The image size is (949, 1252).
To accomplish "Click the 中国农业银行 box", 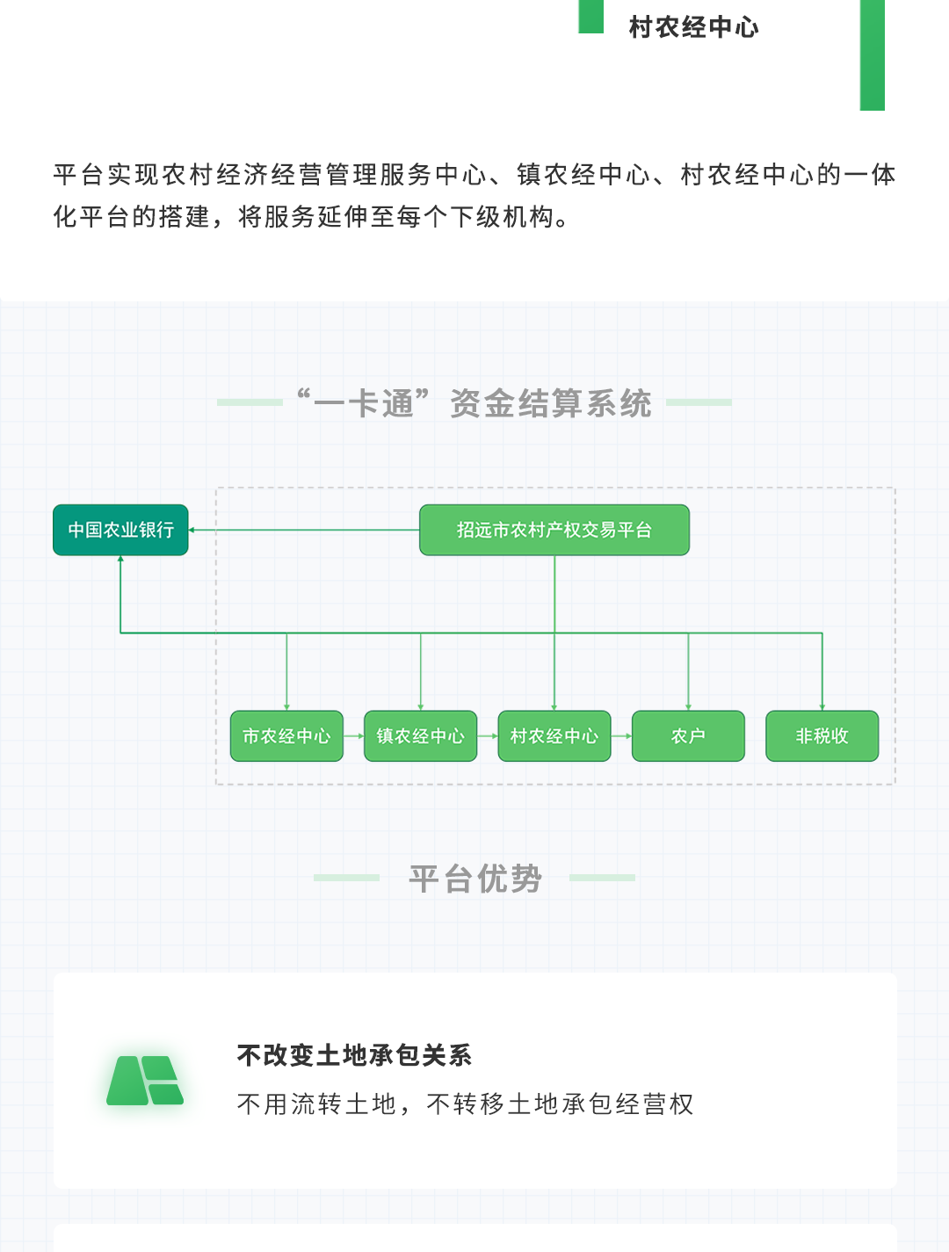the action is click(120, 530).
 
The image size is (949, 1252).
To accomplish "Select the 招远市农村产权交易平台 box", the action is click(554, 530).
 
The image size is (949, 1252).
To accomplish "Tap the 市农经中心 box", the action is click(286, 735).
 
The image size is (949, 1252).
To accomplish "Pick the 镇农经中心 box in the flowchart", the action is click(420, 735).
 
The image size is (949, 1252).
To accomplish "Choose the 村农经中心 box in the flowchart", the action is click(554, 735).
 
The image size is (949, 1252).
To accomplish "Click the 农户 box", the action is click(688, 735).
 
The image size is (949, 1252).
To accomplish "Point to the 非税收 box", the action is click(822, 735).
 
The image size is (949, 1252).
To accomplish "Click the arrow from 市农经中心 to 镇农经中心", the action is click(353, 735).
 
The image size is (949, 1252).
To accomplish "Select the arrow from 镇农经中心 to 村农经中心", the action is click(488, 735).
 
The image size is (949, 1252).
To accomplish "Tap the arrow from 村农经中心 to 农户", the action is click(621, 735).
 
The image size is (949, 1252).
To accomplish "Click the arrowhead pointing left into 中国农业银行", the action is click(192, 530).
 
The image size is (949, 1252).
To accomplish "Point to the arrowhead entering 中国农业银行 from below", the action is click(120, 559).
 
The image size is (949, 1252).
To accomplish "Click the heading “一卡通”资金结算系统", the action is click(474, 403).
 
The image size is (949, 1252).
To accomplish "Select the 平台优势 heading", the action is click(475, 878).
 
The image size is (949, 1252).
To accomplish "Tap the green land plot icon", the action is click(145, 1081).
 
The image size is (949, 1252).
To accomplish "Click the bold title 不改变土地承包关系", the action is click(355, 1055).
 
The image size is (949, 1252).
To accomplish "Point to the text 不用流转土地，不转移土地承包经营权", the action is click(466, 1104).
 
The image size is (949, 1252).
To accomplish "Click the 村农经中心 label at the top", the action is click(693, 27).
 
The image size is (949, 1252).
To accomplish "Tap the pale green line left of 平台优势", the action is click(347, 877).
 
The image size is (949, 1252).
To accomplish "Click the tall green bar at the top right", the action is click(872, 55).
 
